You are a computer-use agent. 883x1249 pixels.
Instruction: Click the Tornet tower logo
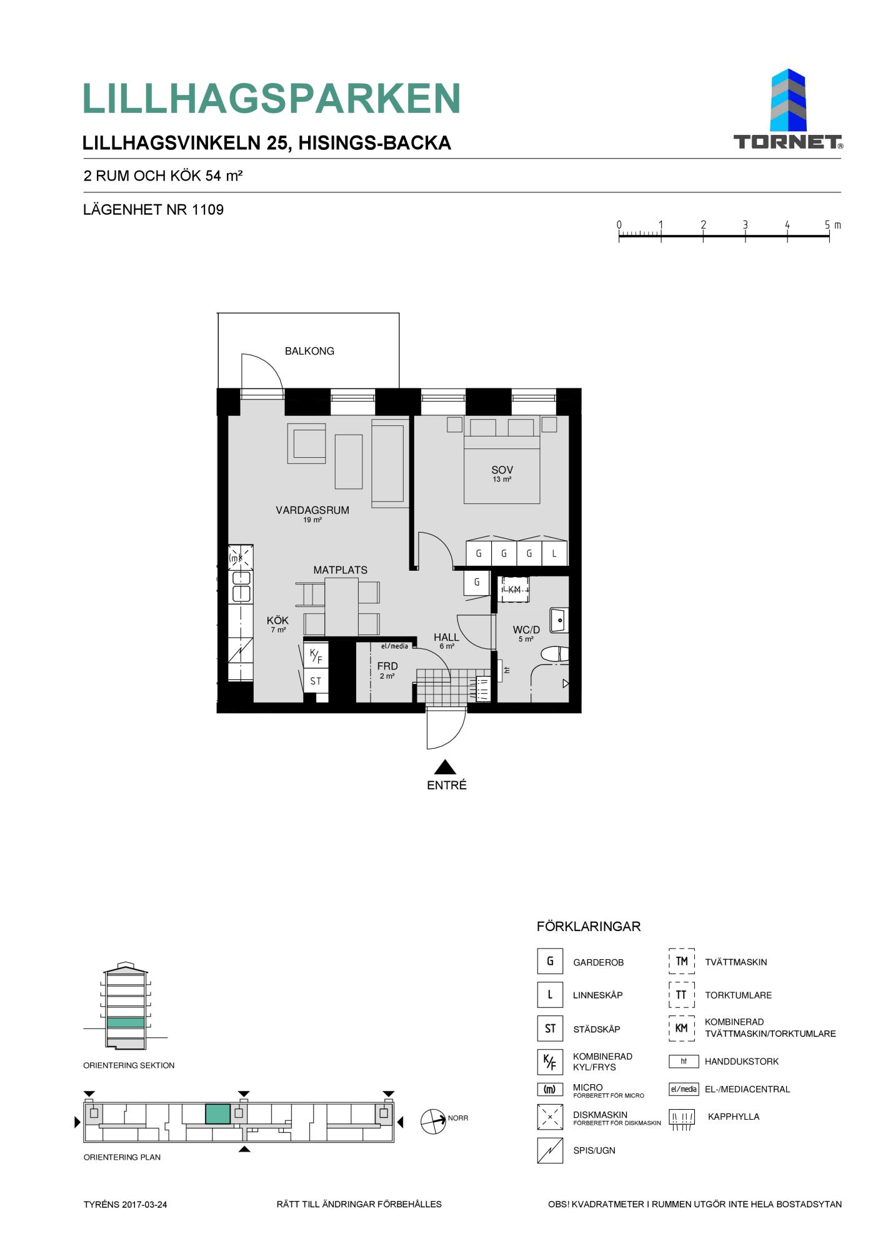pos(788,109)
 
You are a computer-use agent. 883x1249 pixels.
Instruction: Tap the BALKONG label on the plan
pos(309,351)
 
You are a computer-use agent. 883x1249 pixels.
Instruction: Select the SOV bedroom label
pos(502,470)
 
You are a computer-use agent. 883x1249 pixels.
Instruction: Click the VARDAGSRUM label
pos(312,510)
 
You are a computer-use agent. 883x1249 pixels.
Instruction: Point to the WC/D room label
pos(526,630)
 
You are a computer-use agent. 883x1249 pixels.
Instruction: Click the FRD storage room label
pos(387,666)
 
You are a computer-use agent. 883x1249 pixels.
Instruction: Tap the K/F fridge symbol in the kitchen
pos(316,656)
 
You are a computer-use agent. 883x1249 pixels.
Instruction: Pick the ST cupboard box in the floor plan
pos(316,681)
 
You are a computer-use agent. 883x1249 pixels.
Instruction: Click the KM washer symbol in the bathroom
pos(514,590)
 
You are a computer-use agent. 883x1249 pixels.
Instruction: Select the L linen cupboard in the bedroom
pos(554,553)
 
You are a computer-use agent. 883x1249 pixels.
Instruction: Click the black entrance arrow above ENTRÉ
pos(445,767)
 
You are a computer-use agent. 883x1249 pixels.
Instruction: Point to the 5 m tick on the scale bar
pos(829,236)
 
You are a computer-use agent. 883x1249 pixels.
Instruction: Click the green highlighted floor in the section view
pos(125,1023)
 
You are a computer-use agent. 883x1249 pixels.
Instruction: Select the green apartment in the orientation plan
pos(218,1114)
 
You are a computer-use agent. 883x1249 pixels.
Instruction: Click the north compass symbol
pos(433,1122)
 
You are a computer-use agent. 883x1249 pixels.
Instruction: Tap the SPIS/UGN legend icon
pos(550,1150)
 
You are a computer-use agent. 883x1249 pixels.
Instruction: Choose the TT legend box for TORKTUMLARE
pos(682,995)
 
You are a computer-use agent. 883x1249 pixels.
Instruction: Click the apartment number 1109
pos(207,210)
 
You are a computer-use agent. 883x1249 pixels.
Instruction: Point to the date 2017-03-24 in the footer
pos(144,1205)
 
